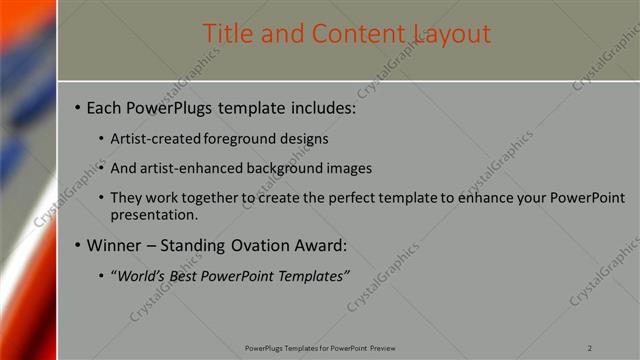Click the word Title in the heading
[x=229, y=33]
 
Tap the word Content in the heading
[x=346, y=33]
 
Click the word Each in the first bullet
[x=105, y=107]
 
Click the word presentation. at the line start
[x=155, y=214]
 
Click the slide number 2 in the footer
[x=591, y=348]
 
